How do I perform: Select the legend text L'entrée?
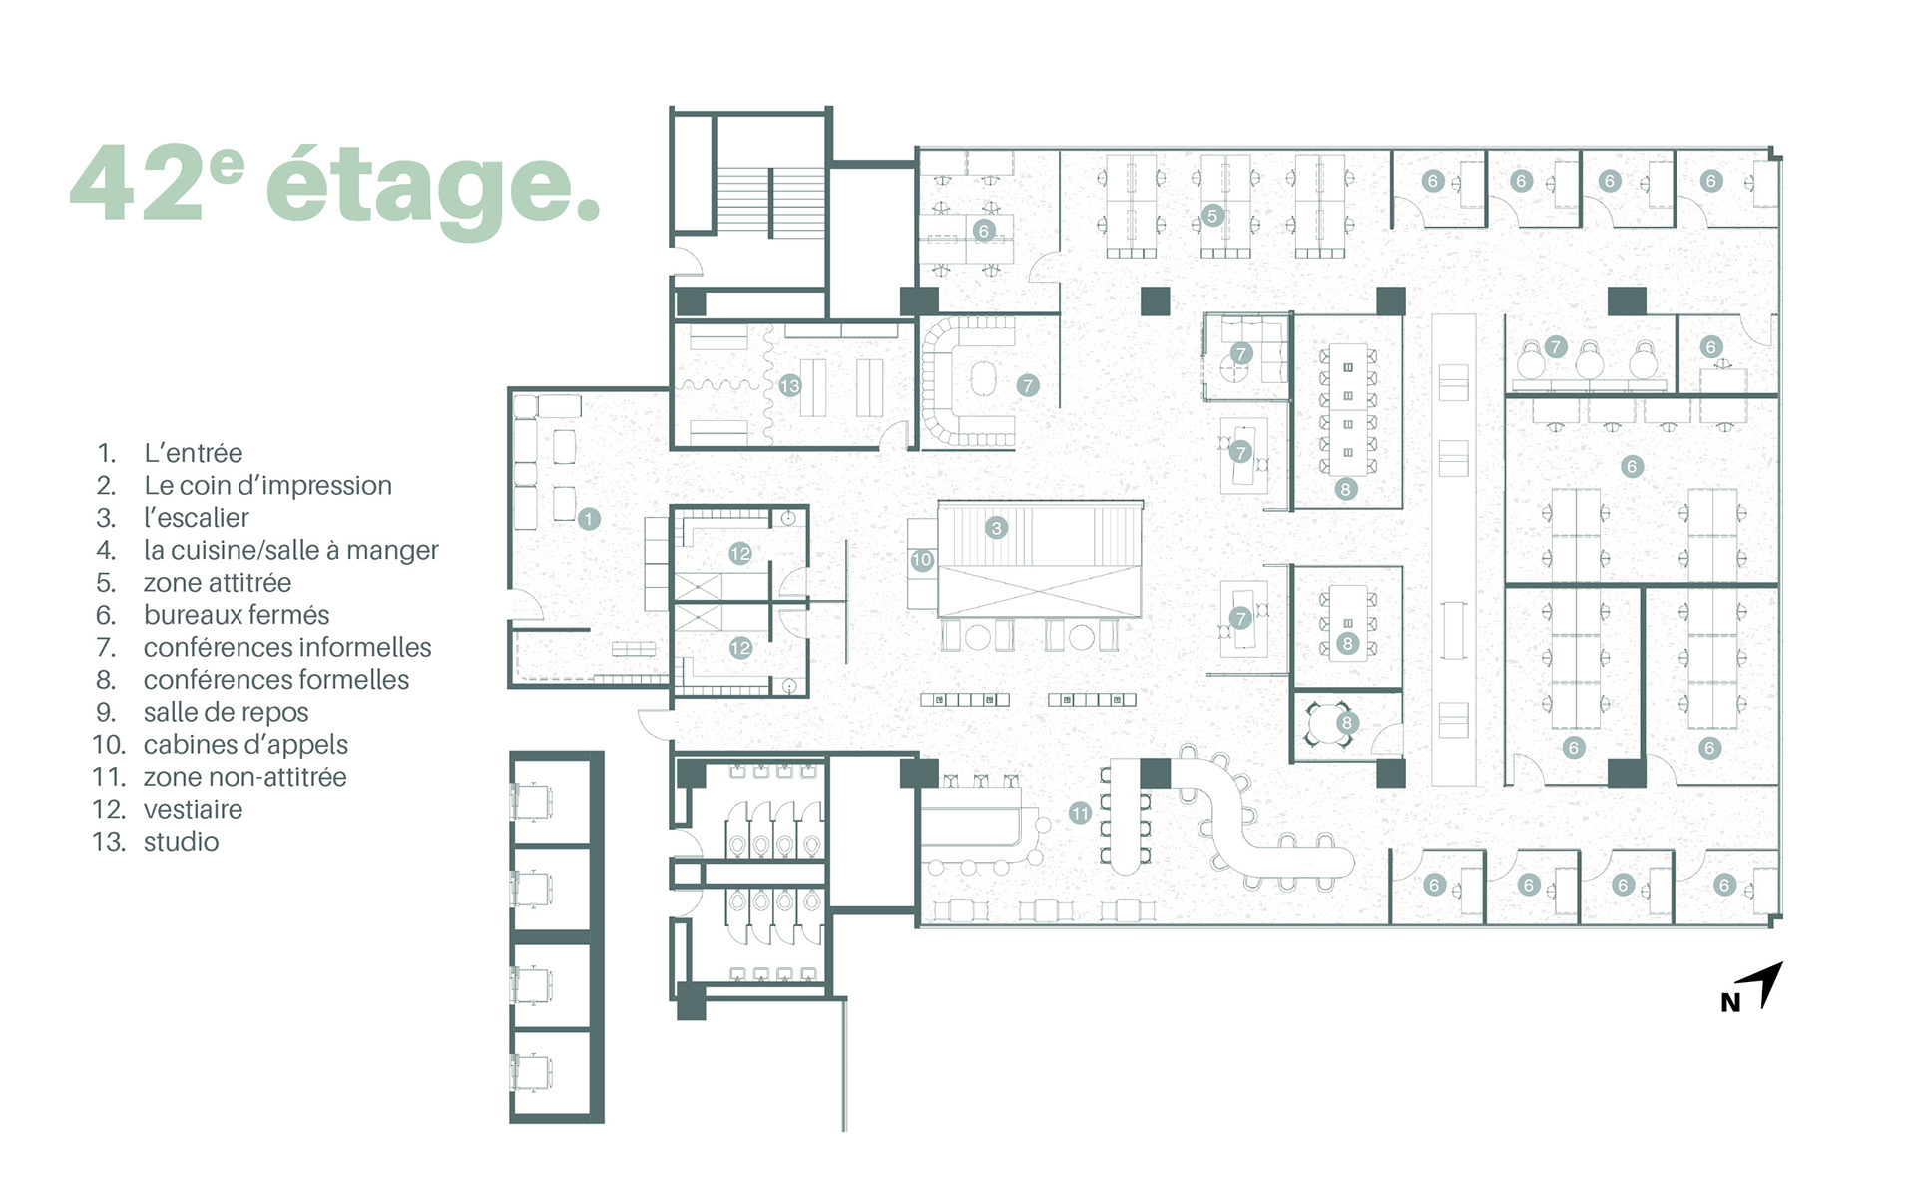point(194,453)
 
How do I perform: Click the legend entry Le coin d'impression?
point(267,486)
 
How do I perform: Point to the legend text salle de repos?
point(226,712)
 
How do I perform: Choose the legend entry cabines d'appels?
point(245,745)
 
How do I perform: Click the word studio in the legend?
point(181,842)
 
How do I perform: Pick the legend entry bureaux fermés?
point(237,615)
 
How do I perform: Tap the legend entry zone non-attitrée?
point(244,777)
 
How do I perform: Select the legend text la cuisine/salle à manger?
point(290,551)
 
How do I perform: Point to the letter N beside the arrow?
point(1730,1003)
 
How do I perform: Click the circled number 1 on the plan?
point(589,519)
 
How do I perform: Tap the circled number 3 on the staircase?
point(995,528)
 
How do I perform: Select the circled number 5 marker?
point(1212,215)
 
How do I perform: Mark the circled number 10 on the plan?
point(921,561)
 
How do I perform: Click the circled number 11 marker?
point(1080,813)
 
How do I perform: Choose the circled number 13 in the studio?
point(790,385)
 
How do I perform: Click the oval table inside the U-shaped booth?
point(982,378)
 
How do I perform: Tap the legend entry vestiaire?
point(193,810)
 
